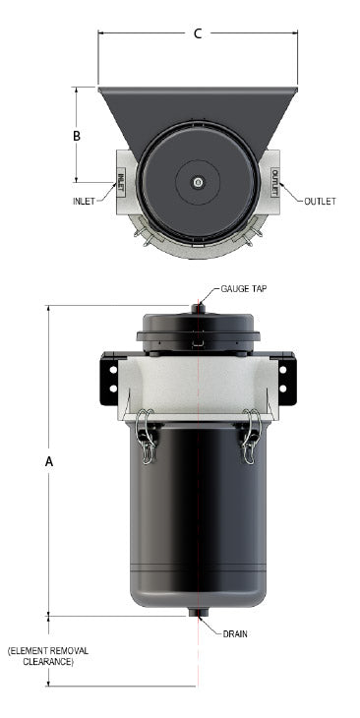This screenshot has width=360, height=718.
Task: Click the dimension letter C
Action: pyautogui.click(x=197, y=33)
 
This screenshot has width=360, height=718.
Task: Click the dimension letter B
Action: pyautogui.click(x=77, y=136)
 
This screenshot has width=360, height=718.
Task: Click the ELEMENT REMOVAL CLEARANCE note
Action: pyautogui.click(x=40, y=657)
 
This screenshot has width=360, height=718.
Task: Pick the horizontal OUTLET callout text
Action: pyautogui.click(x=319, y=201)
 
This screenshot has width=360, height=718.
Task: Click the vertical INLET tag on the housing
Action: pyautogui.click(x=121, y=181)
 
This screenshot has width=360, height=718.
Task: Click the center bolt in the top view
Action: pyautogui.click(x=199, y=182)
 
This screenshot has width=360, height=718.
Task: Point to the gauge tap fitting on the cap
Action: pyautogui.click(x=198, y=309)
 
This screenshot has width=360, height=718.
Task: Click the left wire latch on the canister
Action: pyautogui.click(x=147, y=435)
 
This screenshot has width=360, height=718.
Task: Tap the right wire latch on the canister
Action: pyautogui.click(x=250, y=435)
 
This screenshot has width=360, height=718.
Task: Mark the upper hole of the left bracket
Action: pyautogui.click(x=113, y=370)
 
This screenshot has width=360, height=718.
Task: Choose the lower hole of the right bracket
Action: pyautogui.click(x=283, y=389)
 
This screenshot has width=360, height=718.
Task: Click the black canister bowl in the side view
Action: pyautogui.click(x=198, y=521)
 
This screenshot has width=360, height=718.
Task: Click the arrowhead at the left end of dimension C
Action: pyautogui.click(x=101, y=33)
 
